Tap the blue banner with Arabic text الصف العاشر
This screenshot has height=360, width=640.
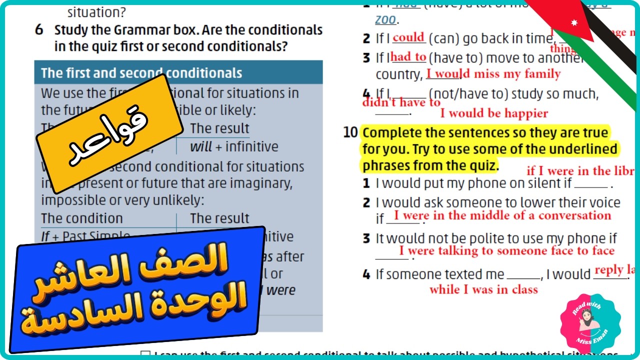coord(136,290)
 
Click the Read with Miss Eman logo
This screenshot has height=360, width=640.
coord(590,324)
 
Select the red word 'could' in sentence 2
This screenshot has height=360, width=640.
coord(408,38)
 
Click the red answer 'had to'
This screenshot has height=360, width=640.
coord(408,57)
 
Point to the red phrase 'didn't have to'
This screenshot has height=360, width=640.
coord(401,102)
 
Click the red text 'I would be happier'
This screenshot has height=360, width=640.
coord(494,113)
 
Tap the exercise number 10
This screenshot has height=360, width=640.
coord(350,132)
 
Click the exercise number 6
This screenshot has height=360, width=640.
coord(39,30)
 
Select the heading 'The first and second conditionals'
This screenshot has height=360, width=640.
coord(141,73)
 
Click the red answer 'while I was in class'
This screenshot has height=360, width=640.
coord(483,289)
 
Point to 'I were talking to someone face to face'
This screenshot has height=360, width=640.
coord(506,251)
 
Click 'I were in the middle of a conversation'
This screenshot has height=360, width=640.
coord(502,216)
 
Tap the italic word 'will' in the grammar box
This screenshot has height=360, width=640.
coord(201,147)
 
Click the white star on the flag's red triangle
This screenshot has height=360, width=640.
coord(574,22)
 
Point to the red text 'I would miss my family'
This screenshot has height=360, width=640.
coord(493,74)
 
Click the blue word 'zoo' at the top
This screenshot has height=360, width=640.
coord(385,20)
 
